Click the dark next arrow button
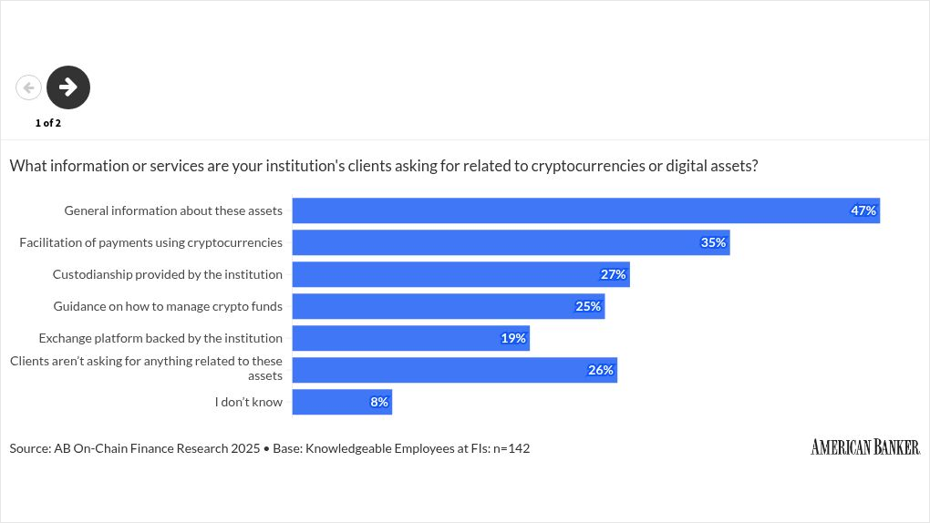point(68,87)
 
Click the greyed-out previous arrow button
point(29,87)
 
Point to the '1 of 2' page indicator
point(48,123)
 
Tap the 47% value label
point(863,210)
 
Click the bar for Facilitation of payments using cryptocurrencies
point(511,242)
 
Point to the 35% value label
point(713,242)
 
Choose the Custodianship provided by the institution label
point(167,274)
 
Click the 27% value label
point(613,274)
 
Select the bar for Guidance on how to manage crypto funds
point(448,306)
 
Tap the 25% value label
point(588,306)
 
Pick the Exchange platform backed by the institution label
point(160,338)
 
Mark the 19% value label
point(513,338)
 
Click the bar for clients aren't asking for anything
point(454,370)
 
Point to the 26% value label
point(601,370)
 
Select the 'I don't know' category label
point(249,402)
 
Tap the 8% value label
point(379,402)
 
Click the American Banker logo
point(864,446)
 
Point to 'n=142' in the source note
point(511,448)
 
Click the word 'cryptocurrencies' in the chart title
point(585,166)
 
